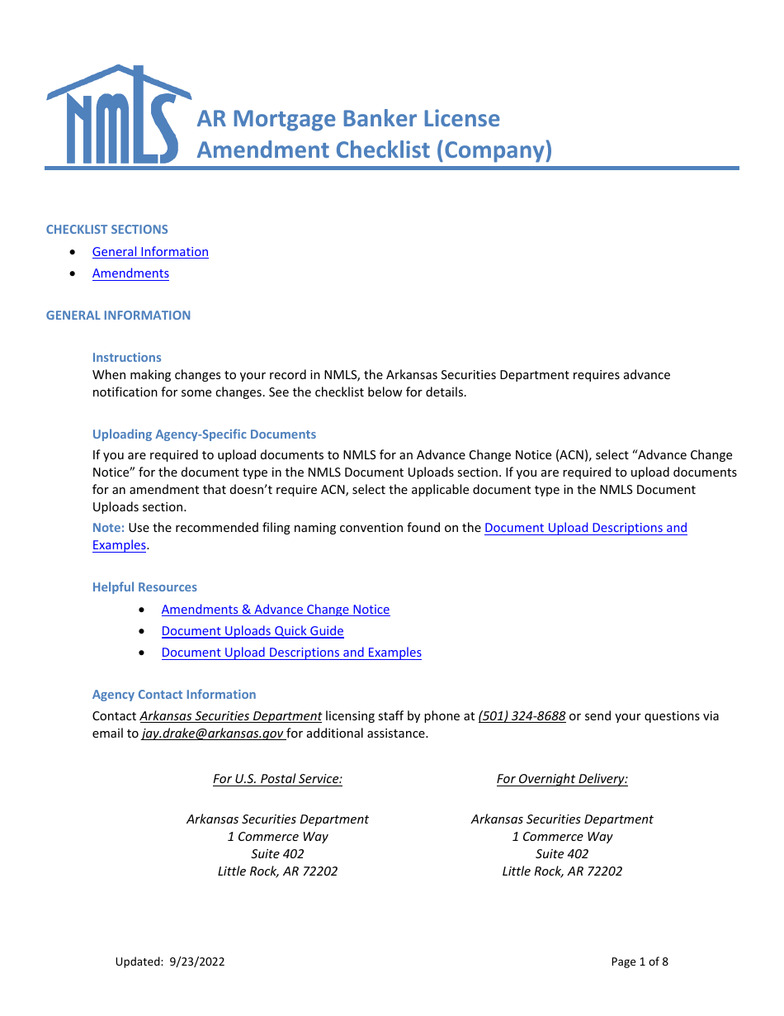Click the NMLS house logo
point(118,115)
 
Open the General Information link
point(150,252)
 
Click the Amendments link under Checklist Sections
point(130,273)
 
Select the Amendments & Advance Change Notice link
point(276,610)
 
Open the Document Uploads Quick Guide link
point(253,631)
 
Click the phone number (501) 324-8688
point(522,716)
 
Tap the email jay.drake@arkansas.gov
point(213,734)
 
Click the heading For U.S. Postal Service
point(277,779)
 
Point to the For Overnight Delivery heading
point(562,779)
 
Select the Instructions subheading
point(127,358)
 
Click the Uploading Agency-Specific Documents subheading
point(204,434)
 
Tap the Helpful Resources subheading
point(144,587)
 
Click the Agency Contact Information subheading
point(174,695)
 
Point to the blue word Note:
point(108,528)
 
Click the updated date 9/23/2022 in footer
point(196,961)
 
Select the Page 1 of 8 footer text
point(640,961)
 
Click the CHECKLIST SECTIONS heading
point(107,230)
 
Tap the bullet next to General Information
point(75,252)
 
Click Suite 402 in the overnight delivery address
point(562,854)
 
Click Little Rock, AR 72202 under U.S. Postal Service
point(277,871)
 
